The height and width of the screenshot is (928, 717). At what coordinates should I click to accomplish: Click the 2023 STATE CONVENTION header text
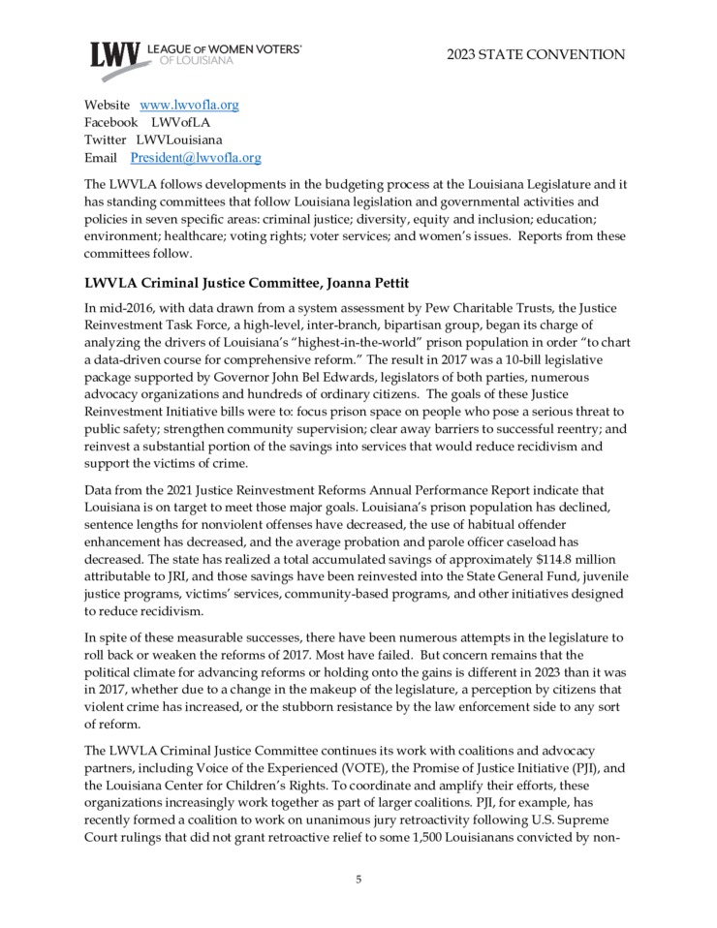point(536,54)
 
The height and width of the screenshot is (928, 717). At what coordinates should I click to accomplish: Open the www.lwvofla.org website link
point(190,105)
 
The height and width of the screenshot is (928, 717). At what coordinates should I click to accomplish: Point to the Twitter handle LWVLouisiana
point(179,139)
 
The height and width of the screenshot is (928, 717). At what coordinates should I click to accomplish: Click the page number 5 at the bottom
point(358,880)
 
